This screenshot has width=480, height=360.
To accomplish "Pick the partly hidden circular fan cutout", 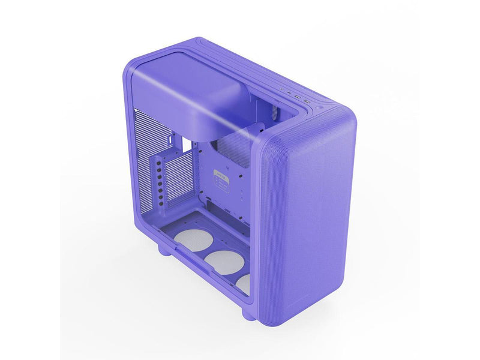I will click(242, 281).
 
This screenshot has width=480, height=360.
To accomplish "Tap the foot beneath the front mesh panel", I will click(249, 313).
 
